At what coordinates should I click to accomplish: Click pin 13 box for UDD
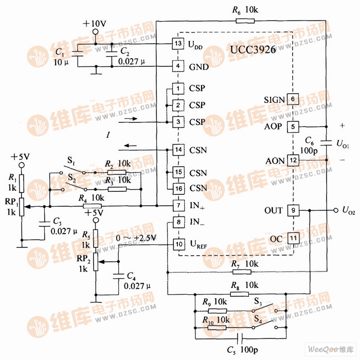click(x=178, y=44)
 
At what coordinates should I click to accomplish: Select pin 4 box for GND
click(x=178, y=66)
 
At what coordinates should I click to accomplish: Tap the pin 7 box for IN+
click(x=178, y=206)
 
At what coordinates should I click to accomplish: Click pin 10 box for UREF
click(x=178, y=244)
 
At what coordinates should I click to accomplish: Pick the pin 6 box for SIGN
click(x=293, y=99)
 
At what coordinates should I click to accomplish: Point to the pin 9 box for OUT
click(x=293, y=210)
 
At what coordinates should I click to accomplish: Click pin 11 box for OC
click(x=293, y=238)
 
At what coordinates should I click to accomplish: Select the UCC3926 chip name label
click(x=254, y=50)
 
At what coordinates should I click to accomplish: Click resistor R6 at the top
click(x=245, y=21)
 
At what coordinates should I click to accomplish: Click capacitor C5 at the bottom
click(x=240, y=338)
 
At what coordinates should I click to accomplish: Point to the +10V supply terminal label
click(x=95, y=23)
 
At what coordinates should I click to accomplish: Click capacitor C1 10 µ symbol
click(x=78, y=52)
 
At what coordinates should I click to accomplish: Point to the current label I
click(x=108, y=135)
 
